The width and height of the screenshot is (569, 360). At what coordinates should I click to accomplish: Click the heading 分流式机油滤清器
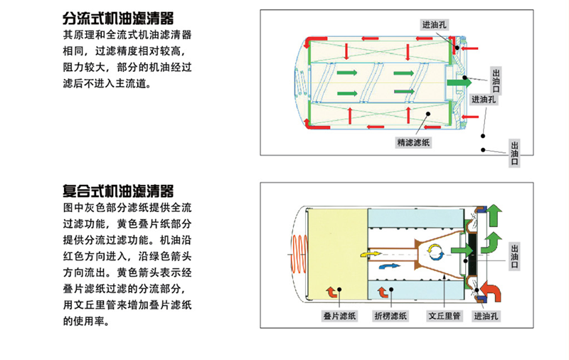point(119,18)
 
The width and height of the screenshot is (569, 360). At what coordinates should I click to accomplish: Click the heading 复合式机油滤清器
point(119,191)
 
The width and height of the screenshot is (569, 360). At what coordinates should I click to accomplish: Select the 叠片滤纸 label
point(339,315)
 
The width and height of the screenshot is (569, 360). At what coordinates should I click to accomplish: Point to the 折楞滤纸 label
point(390,315)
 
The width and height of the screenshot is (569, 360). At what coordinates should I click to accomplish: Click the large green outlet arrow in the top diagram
point(458,83)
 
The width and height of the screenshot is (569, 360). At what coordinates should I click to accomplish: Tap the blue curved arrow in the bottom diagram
point(390,265)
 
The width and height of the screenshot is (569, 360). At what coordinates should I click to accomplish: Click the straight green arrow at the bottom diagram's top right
point(495,211)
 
